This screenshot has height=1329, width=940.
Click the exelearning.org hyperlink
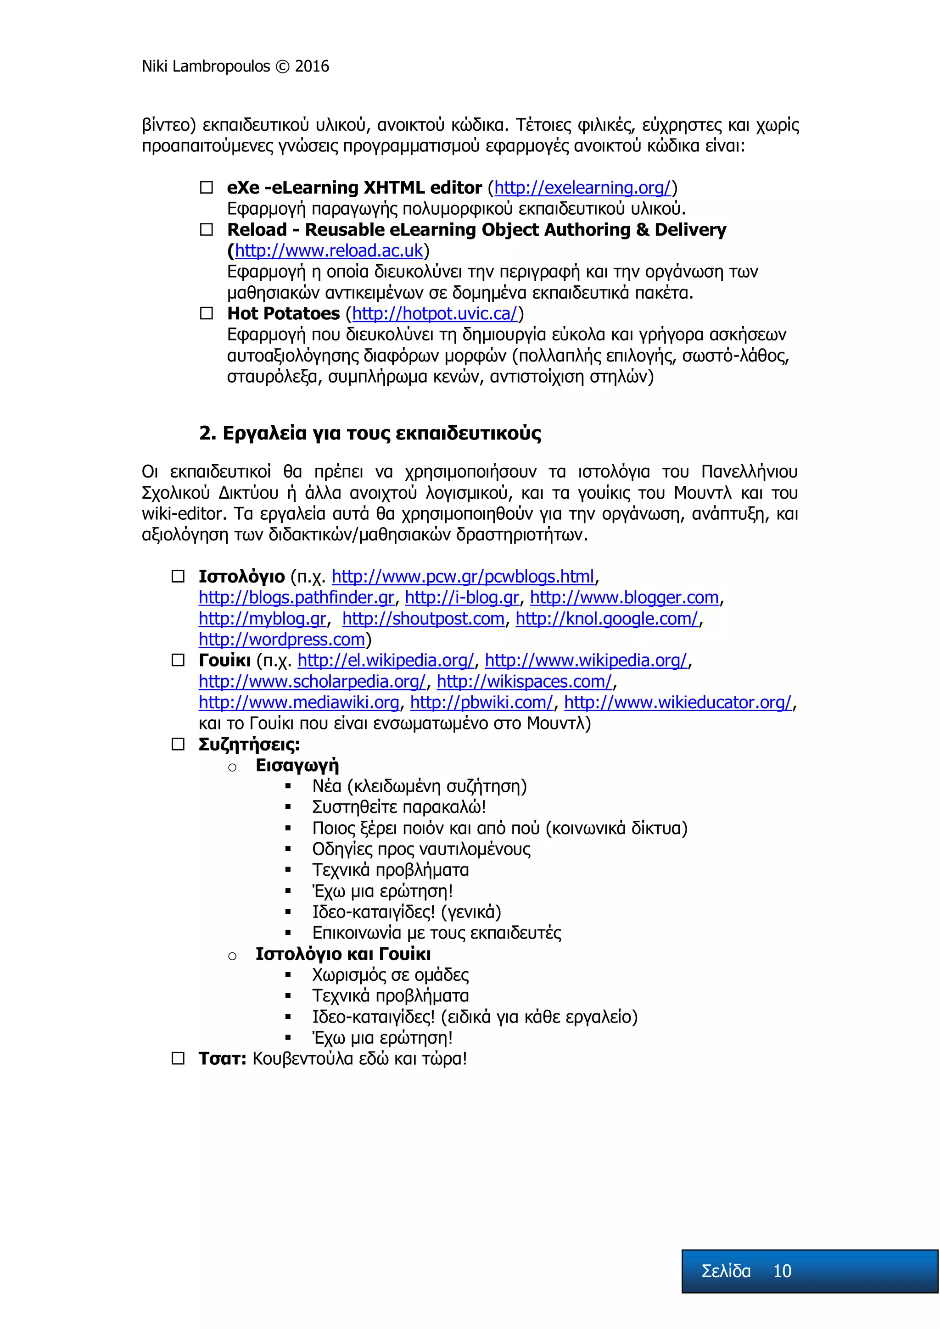(582, 188)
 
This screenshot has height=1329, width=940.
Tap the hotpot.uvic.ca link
(434, 314)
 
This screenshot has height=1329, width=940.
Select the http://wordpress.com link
(281, 639)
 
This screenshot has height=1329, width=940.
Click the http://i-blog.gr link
(462, 597)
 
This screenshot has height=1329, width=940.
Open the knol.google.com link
(607, 619)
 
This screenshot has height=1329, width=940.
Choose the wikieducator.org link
(677, 703)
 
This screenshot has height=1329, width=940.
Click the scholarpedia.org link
(312, 682)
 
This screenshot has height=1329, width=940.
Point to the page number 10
(782, 1271)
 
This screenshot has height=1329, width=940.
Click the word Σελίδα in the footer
(726, 1271)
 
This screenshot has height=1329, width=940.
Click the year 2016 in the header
(312, 67)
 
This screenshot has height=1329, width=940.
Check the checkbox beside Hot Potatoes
(206, 314)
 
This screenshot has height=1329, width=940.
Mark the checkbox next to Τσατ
(178, 1059)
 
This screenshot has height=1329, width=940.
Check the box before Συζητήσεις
(178, 745)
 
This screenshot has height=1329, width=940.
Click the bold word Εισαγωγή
(297, 765)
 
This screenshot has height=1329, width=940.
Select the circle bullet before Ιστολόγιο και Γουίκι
(232, 956)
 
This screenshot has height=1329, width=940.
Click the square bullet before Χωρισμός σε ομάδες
(288, 975)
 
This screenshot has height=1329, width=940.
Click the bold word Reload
(257, 230)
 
